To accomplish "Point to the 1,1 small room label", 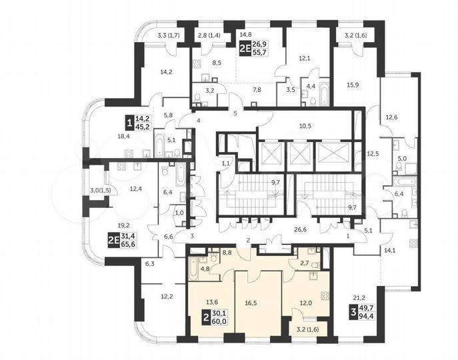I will coord(226,163).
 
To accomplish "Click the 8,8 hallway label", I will coord(227,253).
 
